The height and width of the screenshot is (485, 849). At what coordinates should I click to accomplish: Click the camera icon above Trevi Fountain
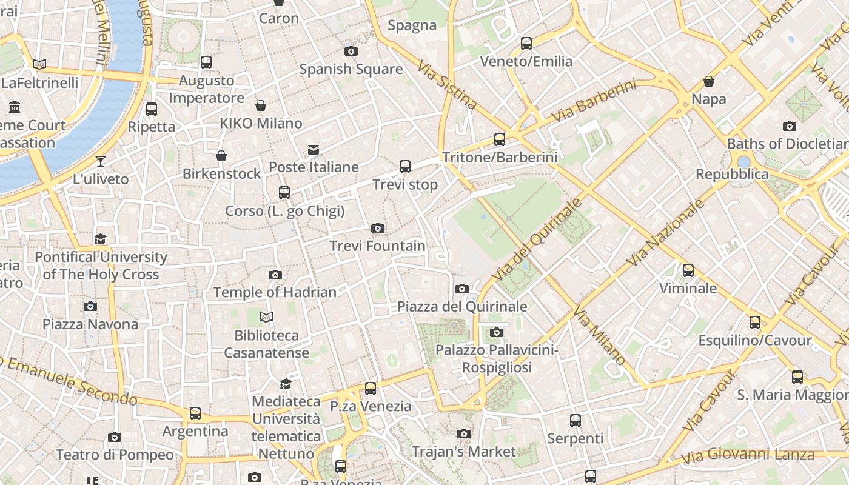click(378, 229)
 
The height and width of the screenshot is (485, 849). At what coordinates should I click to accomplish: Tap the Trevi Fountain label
click(377, 246)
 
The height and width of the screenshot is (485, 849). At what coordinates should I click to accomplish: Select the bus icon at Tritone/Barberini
click(500, 139)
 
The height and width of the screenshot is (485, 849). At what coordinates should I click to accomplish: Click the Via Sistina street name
click(448, 84)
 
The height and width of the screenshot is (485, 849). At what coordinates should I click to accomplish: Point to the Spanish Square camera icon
click(351, 52)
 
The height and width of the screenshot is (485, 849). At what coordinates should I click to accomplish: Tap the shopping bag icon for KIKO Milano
click(261, 106)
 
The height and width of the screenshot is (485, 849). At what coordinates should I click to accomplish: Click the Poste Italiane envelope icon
click(314, 149)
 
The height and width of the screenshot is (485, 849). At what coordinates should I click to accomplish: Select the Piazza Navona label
click(90, 324)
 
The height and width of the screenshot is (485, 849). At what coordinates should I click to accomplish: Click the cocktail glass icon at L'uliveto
click(101, 161)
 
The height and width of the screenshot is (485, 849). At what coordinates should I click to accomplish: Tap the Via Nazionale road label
click(667, 232)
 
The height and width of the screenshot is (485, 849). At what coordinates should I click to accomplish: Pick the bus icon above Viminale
click(688, 270)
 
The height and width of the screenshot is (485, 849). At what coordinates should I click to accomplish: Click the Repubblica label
click(732, 175)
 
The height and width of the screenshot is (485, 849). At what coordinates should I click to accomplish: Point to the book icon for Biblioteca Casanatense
click(266, 317)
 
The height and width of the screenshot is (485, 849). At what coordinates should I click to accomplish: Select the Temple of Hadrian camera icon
click(275, 275)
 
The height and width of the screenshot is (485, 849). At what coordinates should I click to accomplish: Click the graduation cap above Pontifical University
click(101, 239)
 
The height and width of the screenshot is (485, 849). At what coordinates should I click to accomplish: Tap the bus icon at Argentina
click(195, 413)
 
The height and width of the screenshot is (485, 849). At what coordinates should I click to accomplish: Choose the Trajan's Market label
click(463, 452)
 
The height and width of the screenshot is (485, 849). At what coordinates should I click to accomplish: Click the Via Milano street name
click(599, 337)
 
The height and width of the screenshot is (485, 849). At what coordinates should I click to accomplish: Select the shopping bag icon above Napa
click(709, 81)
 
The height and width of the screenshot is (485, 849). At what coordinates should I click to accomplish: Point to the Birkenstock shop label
click(222, 174)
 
